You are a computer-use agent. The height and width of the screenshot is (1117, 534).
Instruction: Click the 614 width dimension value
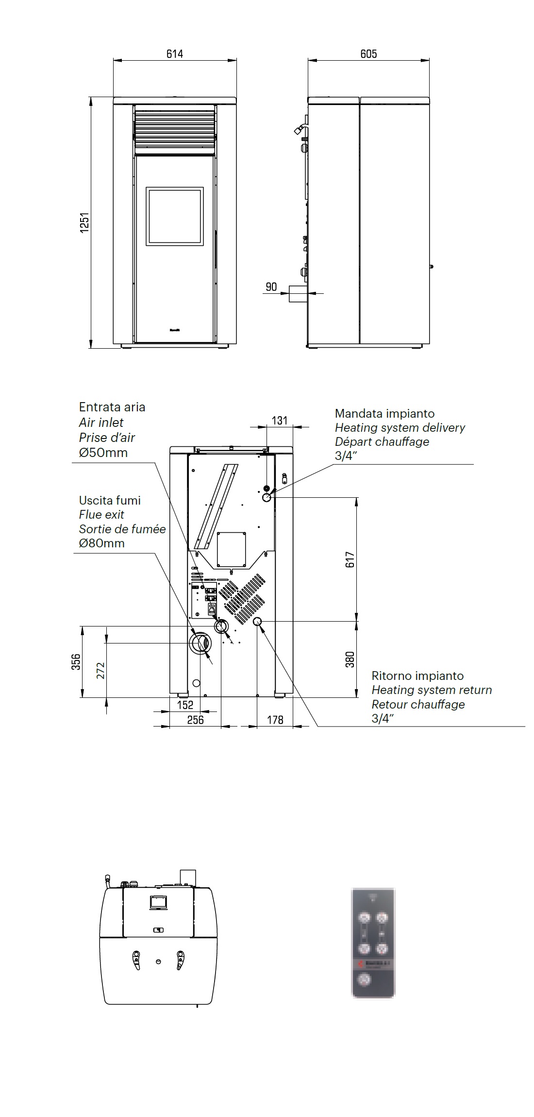(175, 54)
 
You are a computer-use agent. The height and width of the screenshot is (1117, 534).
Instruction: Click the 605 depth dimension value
(368, 54)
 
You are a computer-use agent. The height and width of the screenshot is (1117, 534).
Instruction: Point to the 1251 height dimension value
(85, 222)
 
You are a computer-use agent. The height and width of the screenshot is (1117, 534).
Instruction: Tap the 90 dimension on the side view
(271, 287)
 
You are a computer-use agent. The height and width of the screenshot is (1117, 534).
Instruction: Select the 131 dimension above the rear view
(280, 421)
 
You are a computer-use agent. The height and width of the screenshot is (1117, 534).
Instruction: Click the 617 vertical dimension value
(350, 559)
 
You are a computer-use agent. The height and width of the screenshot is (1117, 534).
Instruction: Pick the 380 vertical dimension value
(350, 659)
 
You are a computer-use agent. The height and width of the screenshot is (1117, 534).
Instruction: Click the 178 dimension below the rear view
(275, 720)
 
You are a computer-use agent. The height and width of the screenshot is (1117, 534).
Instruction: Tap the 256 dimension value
(195, 720)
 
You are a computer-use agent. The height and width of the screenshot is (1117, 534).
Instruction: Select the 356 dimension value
(76, 662)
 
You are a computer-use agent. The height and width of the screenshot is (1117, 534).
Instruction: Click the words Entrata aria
(112, 407)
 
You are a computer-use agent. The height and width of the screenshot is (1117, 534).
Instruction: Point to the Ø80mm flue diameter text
(102, 543)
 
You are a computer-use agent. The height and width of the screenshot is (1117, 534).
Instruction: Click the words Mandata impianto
(384, 414)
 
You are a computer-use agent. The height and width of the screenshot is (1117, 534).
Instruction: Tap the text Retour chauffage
(418, 704)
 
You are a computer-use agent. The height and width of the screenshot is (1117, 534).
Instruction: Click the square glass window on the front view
(175, 216)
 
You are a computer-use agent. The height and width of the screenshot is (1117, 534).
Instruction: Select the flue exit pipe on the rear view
(200, 643)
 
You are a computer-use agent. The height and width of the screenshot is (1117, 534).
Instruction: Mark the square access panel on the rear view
(232, 549)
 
